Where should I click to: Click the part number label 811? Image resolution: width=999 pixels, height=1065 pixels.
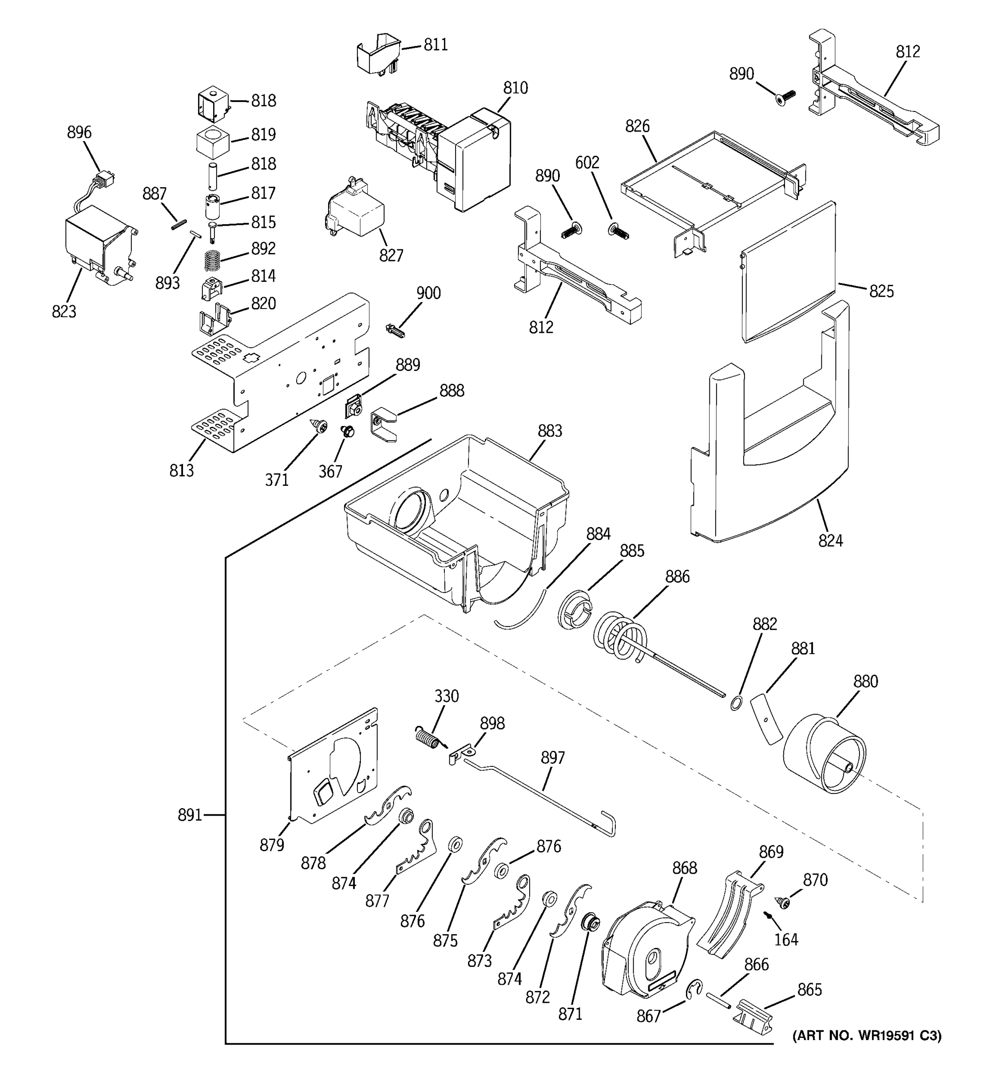pos(435,45)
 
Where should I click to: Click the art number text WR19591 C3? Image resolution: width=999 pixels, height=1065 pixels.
pos(867,1036)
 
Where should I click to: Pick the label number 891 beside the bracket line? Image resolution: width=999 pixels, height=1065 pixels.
pos(190,815)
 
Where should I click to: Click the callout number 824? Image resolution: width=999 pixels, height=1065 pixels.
pos(830,541)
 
